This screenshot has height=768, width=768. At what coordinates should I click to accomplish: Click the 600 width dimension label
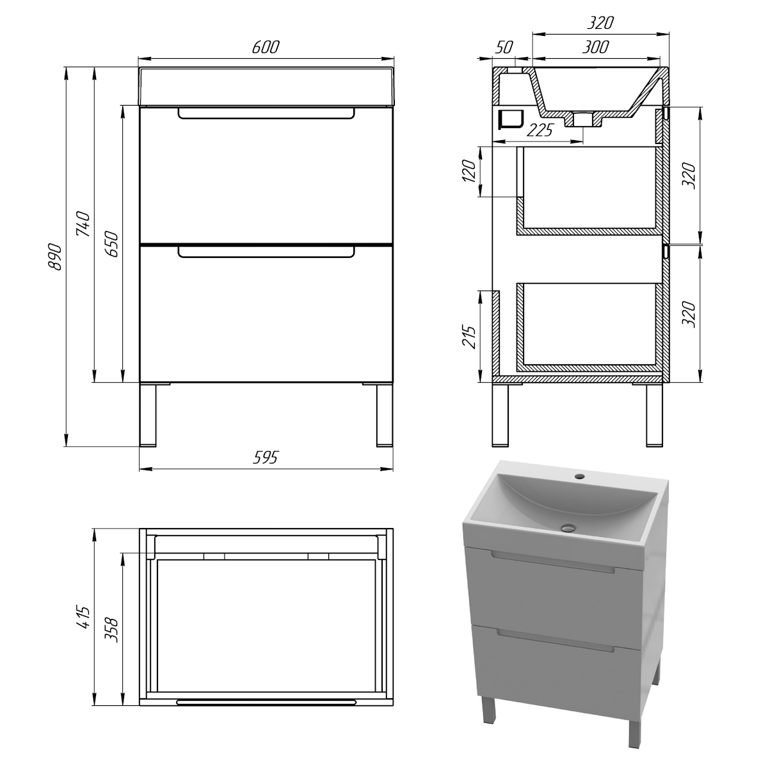(266, 47)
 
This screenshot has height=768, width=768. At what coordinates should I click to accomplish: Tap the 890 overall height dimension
(54, 257)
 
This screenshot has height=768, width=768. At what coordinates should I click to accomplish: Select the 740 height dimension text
(84, 224)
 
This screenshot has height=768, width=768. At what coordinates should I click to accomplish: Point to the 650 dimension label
(111, 244)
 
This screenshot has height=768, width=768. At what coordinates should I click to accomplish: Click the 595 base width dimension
(266, 458)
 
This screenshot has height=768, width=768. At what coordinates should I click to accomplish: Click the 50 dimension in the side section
(504, 47)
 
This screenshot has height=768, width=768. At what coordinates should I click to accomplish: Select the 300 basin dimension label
(595, 47)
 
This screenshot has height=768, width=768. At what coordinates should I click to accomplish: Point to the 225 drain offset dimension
(540, 130)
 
